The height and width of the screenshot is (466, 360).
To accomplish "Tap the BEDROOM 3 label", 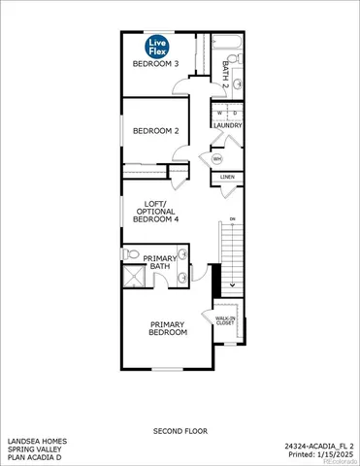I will coord(156,64).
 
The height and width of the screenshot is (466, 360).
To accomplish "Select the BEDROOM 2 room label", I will coord(156,130).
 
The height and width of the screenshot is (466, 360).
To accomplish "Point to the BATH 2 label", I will coord(226,74).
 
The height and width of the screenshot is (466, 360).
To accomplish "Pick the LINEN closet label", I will coord(227,178).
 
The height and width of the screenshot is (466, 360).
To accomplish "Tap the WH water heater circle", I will coord(216,158).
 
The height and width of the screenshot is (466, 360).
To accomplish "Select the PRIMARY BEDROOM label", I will coord(167,328).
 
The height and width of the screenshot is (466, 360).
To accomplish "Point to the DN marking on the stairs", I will coord(231,218).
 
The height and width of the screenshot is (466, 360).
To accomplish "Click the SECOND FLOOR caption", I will coord(180,430).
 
